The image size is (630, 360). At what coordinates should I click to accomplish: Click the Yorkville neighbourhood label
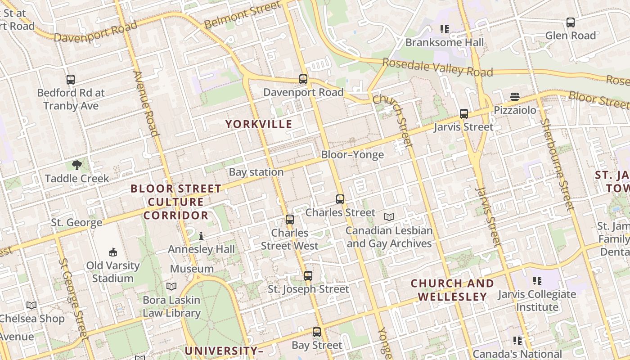(259, 124)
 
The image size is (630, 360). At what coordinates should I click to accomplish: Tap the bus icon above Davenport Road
(303, 80)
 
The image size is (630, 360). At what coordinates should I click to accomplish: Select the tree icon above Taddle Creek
(77, 165)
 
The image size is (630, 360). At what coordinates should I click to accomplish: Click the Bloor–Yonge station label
(352, 155)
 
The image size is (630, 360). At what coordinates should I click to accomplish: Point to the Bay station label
(256, 172)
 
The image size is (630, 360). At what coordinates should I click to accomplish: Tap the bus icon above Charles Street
(340, 199)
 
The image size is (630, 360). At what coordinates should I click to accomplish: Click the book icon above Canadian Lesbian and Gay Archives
(389, 217)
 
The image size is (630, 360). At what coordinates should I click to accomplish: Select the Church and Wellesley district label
(452, 290)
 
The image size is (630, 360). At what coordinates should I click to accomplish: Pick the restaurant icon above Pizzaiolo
(515, 97)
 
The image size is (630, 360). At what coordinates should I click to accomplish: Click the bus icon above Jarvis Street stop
(464, 114)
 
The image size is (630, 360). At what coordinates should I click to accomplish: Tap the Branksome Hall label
(445, 42)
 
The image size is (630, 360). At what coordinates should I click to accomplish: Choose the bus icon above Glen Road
(571, 22)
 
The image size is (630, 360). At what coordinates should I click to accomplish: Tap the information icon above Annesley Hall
(201, 236)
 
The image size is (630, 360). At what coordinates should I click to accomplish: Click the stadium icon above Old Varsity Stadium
(113, 252)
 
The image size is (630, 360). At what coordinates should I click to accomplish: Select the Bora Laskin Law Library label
(171, 306)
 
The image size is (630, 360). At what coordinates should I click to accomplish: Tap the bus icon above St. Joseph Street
(308, 276)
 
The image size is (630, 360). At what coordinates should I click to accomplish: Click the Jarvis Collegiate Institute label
(536, 301)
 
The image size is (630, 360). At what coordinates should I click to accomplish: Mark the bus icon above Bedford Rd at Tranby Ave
(71, 80)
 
